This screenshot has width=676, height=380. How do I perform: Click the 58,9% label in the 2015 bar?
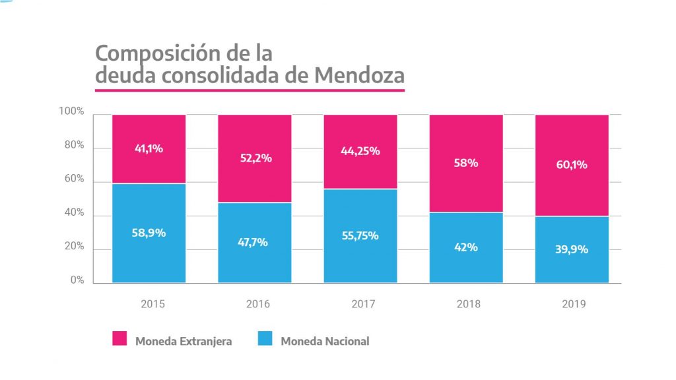coord(149,233)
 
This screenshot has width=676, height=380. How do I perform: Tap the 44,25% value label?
coord(360,150)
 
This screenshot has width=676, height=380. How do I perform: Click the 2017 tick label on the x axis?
coord(360,305)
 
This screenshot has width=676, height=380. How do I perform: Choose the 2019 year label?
coord(572,305)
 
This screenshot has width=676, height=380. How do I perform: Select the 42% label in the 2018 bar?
coord(466,247)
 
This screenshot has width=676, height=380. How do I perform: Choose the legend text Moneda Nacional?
coord(325,341)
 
